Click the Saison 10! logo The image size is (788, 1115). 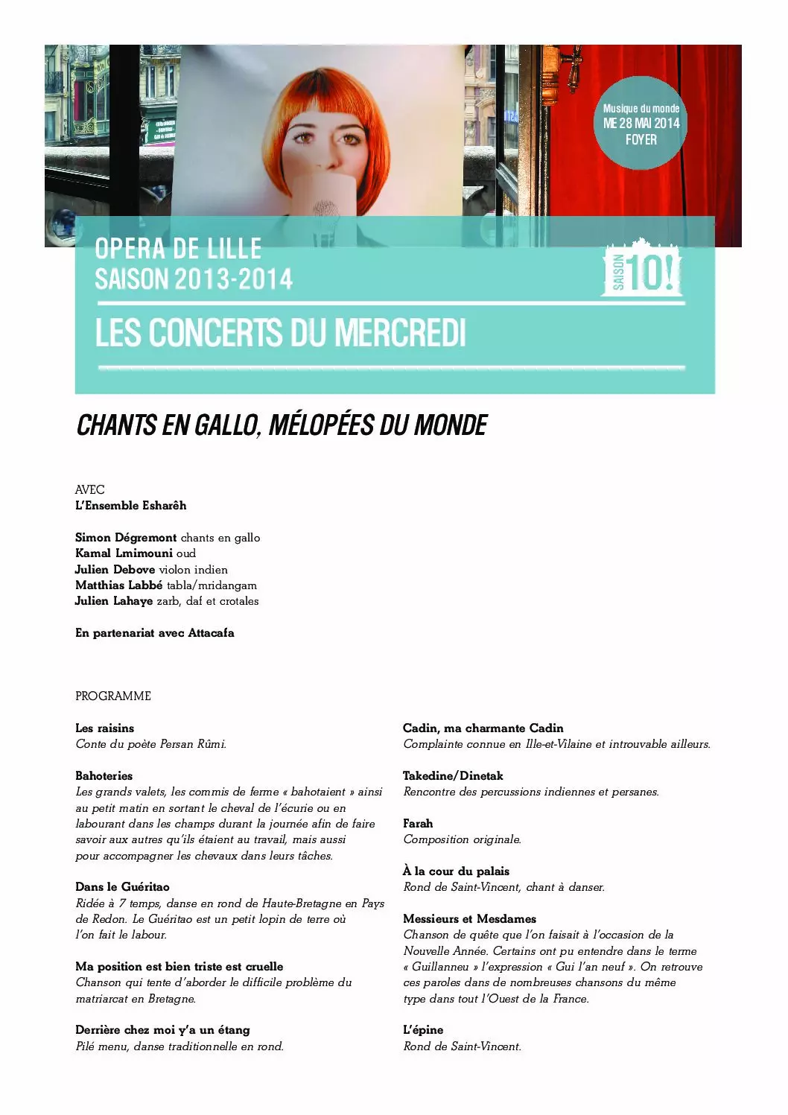641,269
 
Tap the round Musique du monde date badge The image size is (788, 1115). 641,123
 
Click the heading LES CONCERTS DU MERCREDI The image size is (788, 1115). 280,333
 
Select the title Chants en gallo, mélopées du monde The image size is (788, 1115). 282,425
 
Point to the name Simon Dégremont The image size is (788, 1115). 126,538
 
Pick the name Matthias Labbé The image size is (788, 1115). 119,585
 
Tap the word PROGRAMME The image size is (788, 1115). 113,696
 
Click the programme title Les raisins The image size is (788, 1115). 105,728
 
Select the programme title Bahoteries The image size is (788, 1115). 104,776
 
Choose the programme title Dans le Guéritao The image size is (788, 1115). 122,887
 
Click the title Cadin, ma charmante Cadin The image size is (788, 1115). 483,728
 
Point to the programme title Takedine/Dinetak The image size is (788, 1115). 453,776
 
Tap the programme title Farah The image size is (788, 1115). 418,824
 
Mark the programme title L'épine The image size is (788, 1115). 423,1030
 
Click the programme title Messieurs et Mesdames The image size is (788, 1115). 470,919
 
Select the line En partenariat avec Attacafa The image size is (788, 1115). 155,633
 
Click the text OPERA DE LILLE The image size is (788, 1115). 179,249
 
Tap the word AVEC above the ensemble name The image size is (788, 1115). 90,490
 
